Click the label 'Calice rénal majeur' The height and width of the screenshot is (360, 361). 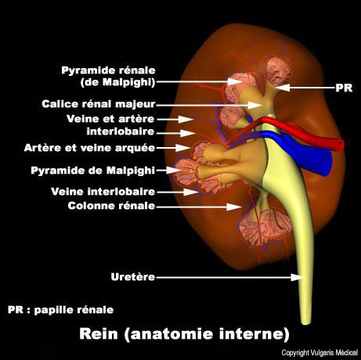99,104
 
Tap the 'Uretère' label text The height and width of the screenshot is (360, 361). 133,277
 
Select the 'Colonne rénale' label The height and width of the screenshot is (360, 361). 111,206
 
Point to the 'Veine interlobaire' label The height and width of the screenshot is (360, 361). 103,192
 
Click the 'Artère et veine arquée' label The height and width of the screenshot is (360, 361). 89,148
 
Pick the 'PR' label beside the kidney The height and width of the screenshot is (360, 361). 344,88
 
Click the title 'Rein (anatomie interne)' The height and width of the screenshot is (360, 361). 184,334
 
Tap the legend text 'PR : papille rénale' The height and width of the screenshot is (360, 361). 60,310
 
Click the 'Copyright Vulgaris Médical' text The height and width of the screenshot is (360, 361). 319,353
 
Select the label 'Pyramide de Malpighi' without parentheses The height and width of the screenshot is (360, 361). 93,171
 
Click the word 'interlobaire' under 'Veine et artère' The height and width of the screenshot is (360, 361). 121,131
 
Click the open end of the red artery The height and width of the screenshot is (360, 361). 340,145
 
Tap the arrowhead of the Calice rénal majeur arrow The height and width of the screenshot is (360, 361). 256,105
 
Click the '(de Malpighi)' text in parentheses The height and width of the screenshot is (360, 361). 118,82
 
